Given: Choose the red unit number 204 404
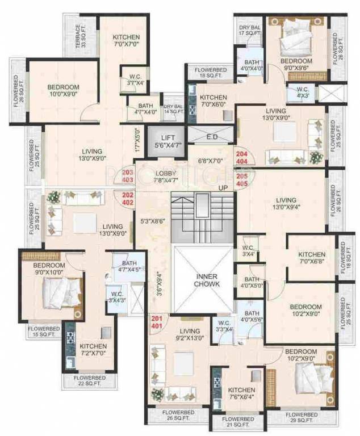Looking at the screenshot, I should (x=241, y=157).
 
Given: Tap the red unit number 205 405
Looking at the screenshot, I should (x=241, y=180).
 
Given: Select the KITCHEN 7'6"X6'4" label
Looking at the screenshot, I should (x=241, y=395).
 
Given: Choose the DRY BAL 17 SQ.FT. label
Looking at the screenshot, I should (x=249, y=30).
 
